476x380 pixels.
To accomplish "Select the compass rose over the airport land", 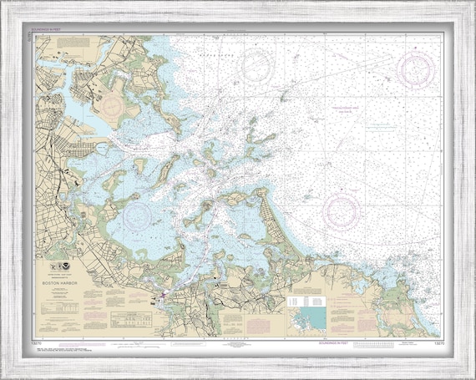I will (114, 104).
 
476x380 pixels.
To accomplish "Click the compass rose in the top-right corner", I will (415, 69).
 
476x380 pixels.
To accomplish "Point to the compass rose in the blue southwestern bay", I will (137, 215).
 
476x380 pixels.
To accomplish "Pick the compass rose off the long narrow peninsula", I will (342, 210).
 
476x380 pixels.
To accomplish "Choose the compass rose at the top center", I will (256, 62).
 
